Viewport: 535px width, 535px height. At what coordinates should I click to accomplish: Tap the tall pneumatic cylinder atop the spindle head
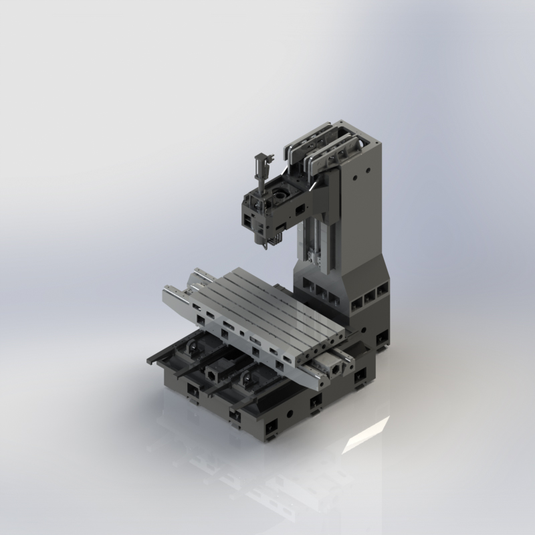tap(260, 171)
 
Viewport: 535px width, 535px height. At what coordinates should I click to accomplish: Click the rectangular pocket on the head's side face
tap(248, 219)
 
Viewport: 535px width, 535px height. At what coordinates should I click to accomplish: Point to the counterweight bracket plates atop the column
tap(321, 144)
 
